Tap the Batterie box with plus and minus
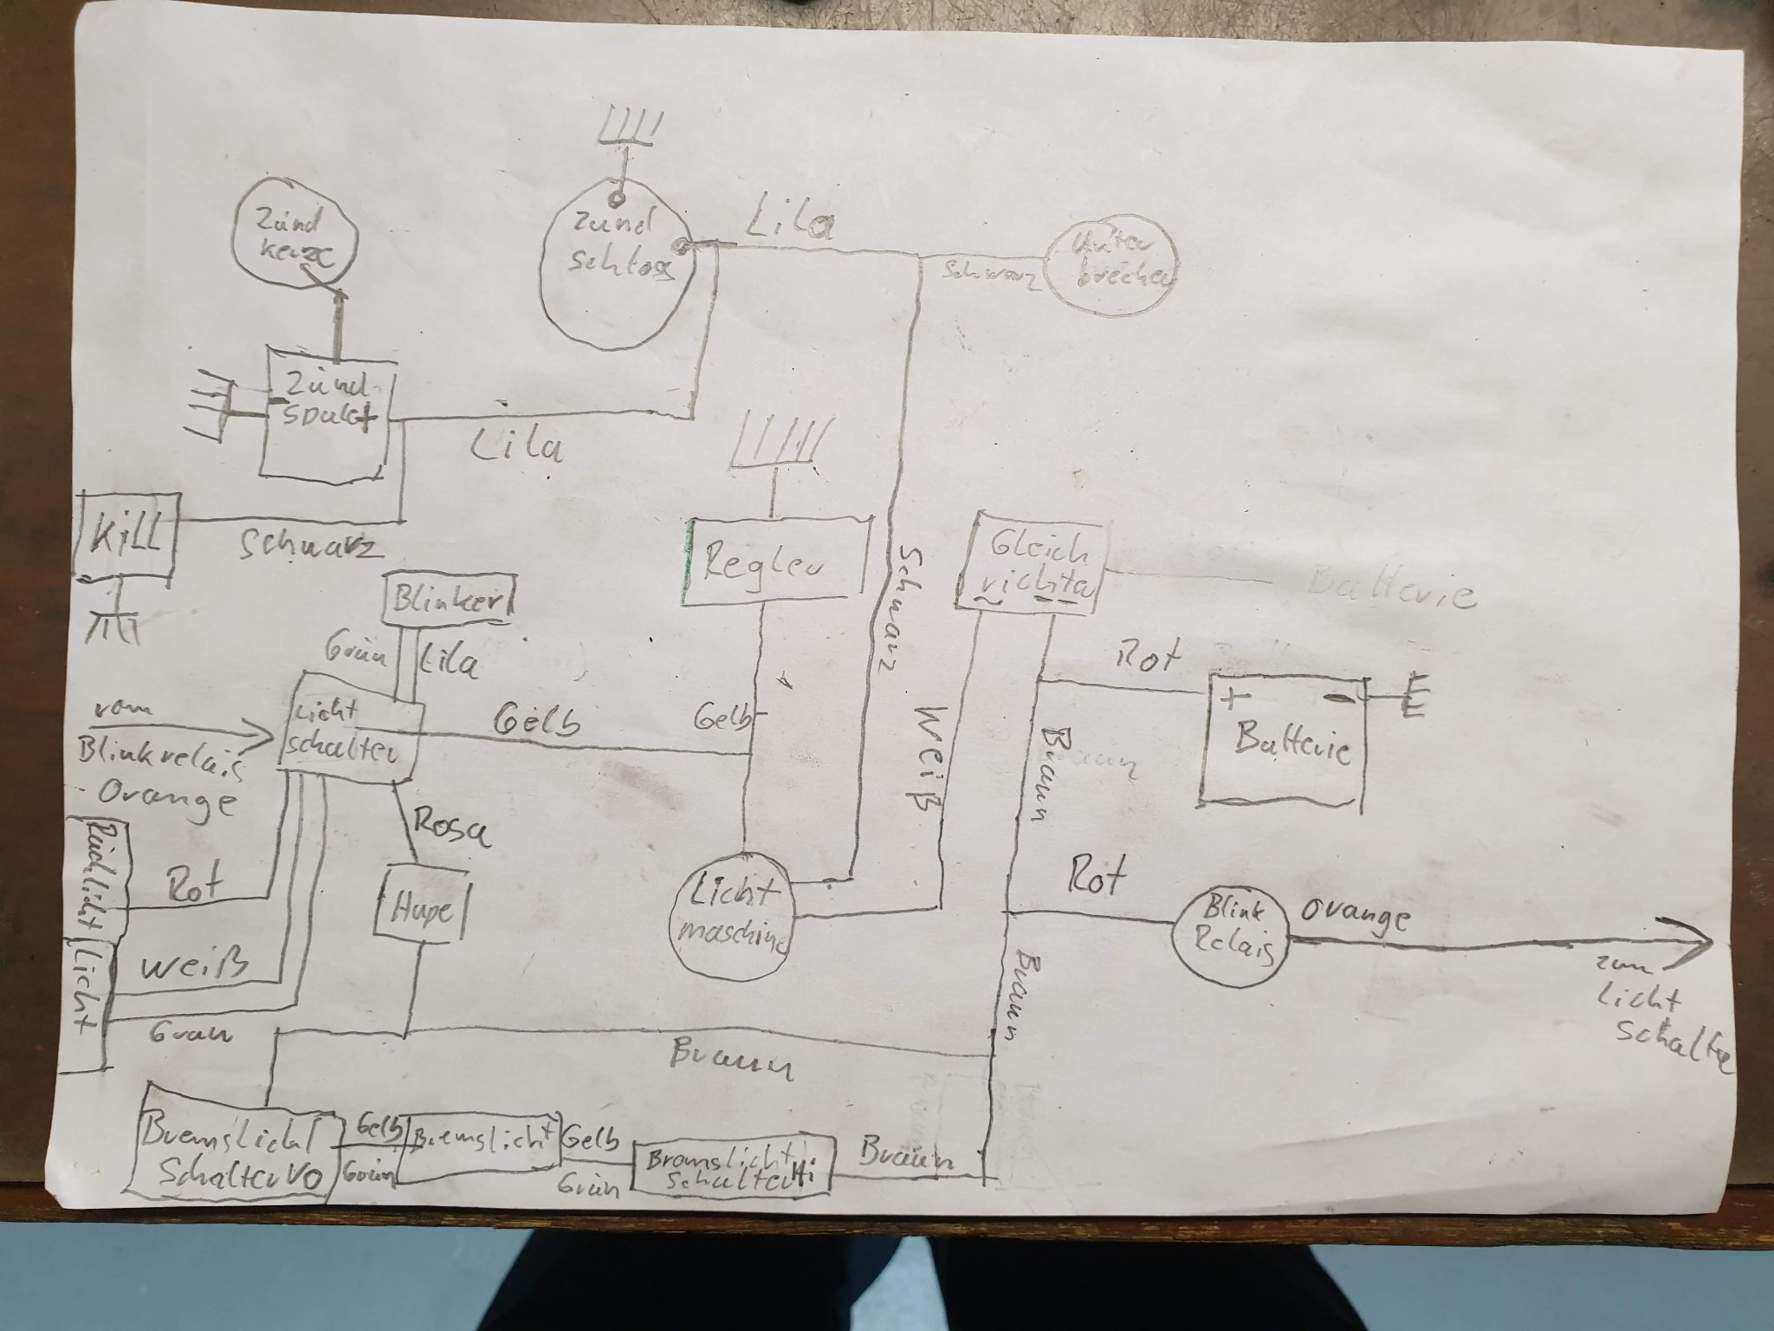(1281, 744)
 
